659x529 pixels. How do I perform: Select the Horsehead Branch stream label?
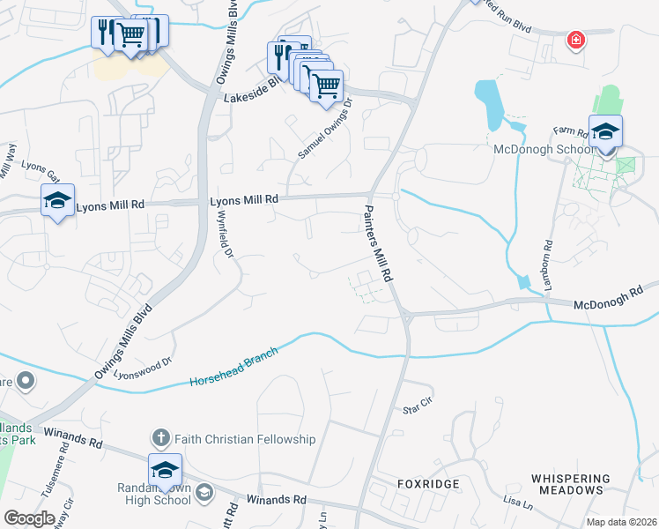233,367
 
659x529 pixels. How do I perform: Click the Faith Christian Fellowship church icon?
160,438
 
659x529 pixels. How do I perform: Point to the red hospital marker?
576,41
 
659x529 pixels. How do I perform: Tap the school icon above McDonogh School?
605,132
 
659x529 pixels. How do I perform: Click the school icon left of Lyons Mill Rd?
57,202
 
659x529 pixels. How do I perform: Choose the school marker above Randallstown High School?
165,470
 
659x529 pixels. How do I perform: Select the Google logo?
29,518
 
